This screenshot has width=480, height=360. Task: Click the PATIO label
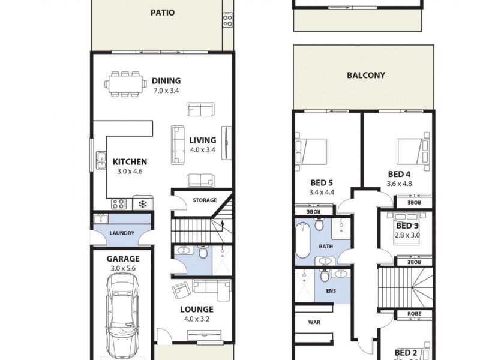click(x=163, y=12)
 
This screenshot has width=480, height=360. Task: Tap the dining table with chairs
click(x=125, y=83)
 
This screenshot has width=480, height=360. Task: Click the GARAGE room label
click(x=123, y=259)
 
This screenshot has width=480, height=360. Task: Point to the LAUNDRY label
click(x=122, y=233)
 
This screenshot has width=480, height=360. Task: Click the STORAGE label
click(x=204, y=200)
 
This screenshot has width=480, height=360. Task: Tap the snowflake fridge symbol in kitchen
click(x=143, y=204)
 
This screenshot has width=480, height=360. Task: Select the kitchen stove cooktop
click(x=118, y=204)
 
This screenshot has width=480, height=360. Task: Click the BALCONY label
click(x=365, y=76)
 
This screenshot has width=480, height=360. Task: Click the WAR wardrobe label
click(x=314, y=322)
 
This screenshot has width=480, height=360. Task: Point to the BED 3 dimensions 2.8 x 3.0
click(x=407, y=235)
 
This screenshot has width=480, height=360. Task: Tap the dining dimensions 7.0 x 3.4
click(x=166, y=91)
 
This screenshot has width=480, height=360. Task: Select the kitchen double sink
click(x=100, y=160)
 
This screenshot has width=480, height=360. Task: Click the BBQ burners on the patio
click(x=227, y=20)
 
